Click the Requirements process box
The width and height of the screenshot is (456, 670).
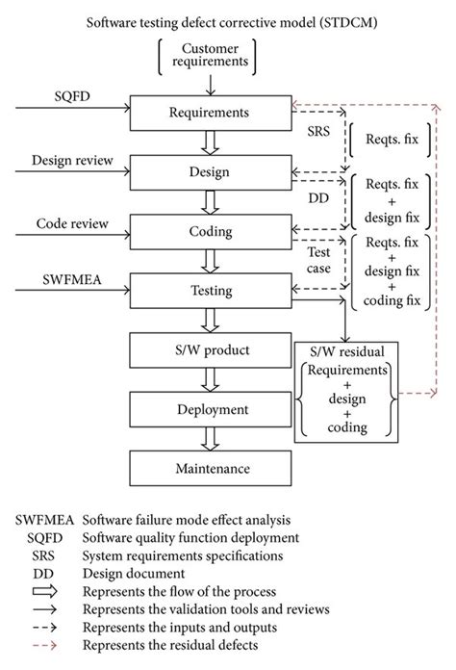(208, 113)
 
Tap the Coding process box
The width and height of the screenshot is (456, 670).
(208, 231)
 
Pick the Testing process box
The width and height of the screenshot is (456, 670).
(208, 290)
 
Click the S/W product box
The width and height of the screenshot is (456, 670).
(208, 350)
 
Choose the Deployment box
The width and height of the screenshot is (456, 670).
(208, 409)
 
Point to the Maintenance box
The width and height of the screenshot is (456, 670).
(208, 469)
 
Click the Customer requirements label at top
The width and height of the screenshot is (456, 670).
(208, 56)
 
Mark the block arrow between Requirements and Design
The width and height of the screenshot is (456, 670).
(208, 142)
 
